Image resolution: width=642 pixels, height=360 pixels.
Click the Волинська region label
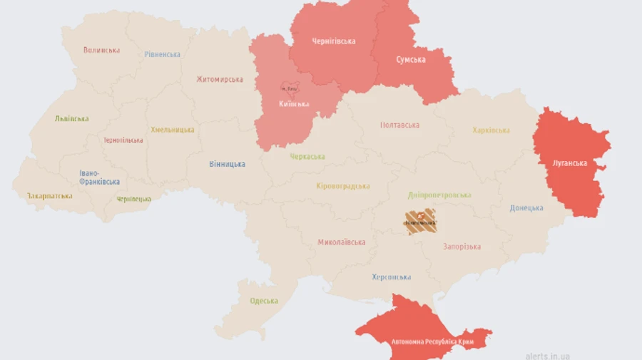(101, 51)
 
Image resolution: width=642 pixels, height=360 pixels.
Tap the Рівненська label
(162, 54)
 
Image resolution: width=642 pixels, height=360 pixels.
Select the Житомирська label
(220, 79)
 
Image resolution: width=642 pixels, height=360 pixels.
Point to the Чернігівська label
(333, 41)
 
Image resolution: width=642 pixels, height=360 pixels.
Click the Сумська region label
(410, 60)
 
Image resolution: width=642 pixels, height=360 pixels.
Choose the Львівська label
(72, 119)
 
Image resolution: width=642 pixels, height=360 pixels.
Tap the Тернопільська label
(123, 140)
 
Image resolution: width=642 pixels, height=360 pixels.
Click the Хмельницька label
(172, 130)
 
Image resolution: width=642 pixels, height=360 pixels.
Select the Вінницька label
(227, 165)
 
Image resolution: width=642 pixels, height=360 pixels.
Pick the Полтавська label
(399, 125)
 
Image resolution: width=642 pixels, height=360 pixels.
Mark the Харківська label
(491, 130)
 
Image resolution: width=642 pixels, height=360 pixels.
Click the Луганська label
(569, 163)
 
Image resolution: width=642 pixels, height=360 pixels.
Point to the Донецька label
(526, 208)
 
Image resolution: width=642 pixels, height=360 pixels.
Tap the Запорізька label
(462, 247)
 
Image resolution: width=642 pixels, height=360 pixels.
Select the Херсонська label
(391, 277)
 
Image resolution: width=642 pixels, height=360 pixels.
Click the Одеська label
(263, 301)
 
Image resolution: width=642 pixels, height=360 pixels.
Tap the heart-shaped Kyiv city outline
(290, 88)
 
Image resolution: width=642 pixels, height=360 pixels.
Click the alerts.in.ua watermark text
(547, 355)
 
